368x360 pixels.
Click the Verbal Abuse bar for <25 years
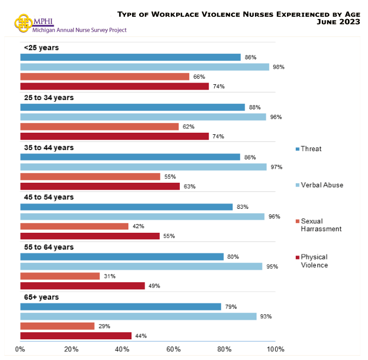click(x=145, y=67)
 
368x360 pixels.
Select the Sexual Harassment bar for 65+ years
click(x=57, y=326)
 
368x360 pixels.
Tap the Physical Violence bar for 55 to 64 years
click(x=83, y=286)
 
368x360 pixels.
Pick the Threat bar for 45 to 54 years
click(x=126, y=207)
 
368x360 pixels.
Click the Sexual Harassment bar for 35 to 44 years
click(x=90, y=177)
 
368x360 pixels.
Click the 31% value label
click(x=110, y=276)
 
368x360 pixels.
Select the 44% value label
click(x=141, y=336)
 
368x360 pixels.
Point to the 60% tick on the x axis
click(x=173, y=349)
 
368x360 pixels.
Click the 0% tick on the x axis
click(x=20, y=349)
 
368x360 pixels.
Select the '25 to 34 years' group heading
click(x=49, y=97)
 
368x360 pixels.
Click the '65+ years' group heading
click(x=41, y=297)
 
